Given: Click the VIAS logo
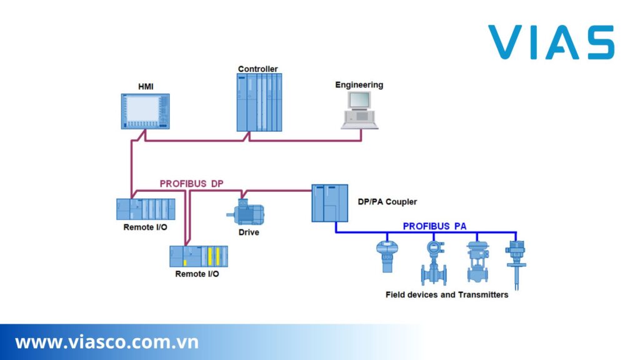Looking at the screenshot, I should pyautogui.click(x=551, y=42).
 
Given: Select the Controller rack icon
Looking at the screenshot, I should pyautogui.click(x=259, y=102).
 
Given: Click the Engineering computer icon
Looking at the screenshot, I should pyautogui.click(x=359, y=110).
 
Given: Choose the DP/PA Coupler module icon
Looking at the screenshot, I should pyautogui.click(x=329, y=203).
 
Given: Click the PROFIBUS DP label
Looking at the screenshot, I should pyautogui.click(x=191, y=184).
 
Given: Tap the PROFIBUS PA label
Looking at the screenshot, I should pyautogui.click(x=434, y=226).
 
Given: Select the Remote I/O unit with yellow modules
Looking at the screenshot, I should pyautogui.click(x=199, y=256).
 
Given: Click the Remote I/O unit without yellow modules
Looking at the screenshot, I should pyautogui.click(x=146, y=209).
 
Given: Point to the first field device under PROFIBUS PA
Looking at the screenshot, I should pyautogui.click(x=387, y=256).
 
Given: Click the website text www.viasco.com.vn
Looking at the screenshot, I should pyautogui.click(x=107, y=342).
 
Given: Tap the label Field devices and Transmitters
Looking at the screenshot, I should pyautogui.click(x=447, y=294).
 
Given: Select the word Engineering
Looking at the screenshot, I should pyautogui.click(x=359, y=84).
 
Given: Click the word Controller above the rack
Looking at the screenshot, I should pyautogui.click(x=257, y=69).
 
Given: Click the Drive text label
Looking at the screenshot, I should pyautogui.click(x=249, y=232).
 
